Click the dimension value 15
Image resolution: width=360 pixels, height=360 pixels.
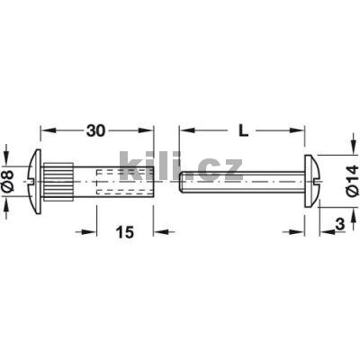[124, 232]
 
